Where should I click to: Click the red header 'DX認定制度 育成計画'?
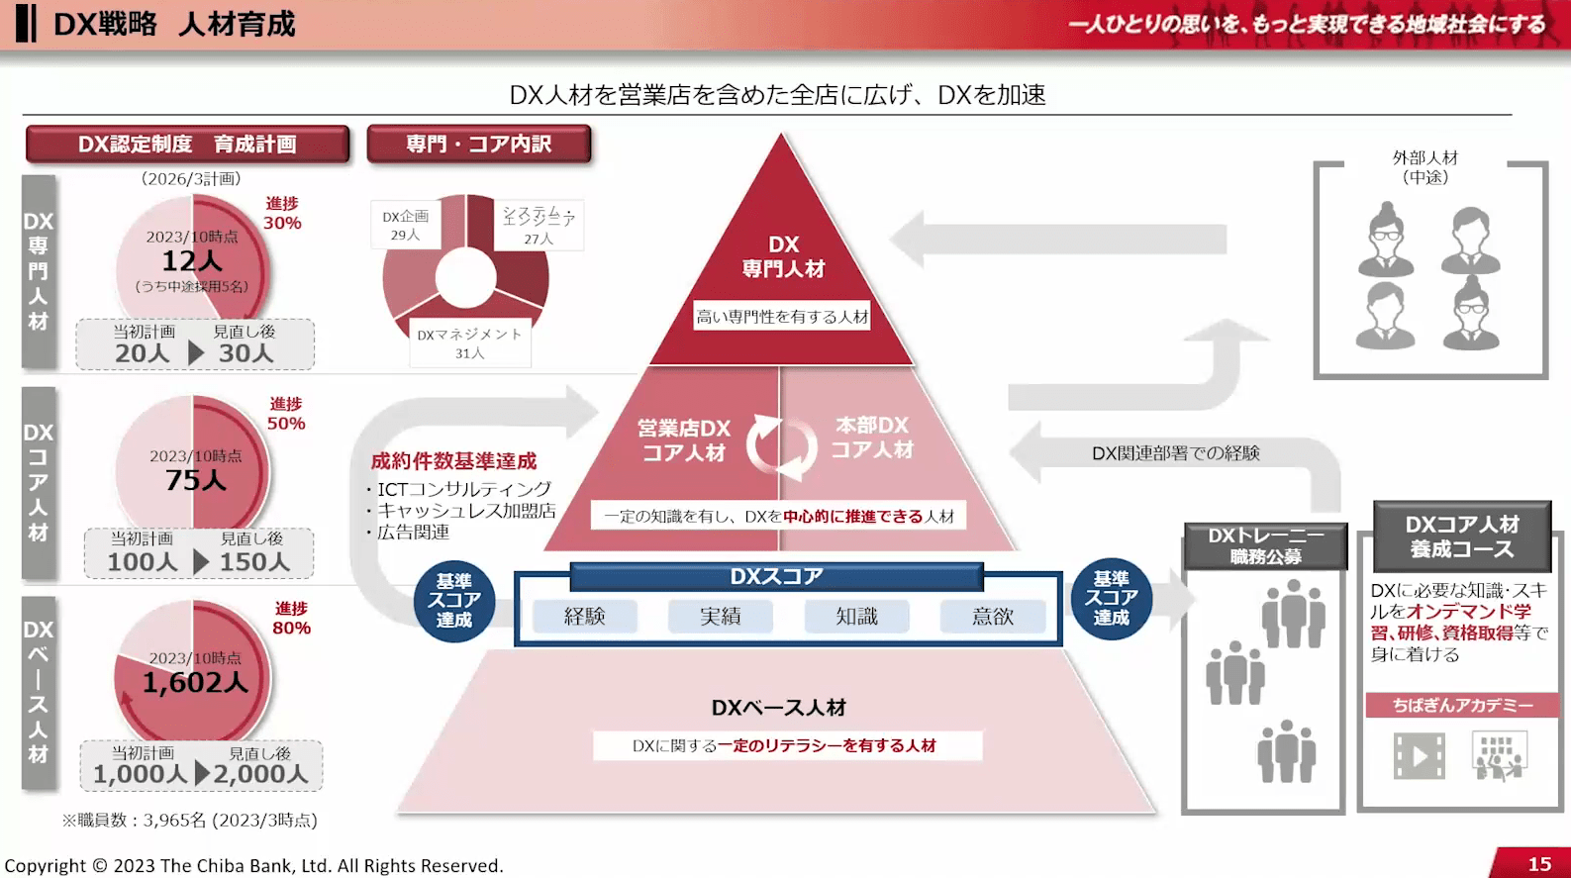tap(187, 145)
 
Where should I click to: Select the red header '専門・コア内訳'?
tap(478, 145)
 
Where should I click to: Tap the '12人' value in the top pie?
tap(192, 261)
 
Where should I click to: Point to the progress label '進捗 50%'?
tap(286, 414)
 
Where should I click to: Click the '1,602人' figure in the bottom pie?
tap(195, 682)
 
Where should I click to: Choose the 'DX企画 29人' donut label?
tap(406, 226)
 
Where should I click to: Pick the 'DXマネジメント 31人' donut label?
tap(469, 342)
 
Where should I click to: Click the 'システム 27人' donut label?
tap(539, 226)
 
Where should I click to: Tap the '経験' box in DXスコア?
tap(584, 617)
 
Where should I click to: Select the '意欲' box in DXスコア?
tap(992, 617)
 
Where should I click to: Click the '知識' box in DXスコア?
tap(856, 617)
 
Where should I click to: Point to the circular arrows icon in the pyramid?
tap(781, 446)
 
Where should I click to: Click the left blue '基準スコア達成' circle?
tap(453, 600)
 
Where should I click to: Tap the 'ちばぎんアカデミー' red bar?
tap(1462, 705)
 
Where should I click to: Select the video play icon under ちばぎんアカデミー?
tap(1419, 756)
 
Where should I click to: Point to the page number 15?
tap(1539, 864)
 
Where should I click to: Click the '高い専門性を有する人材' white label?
tap(782, 317)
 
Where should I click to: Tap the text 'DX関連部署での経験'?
tap(1176, 453)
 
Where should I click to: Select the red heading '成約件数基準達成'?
tap(453, 461)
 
